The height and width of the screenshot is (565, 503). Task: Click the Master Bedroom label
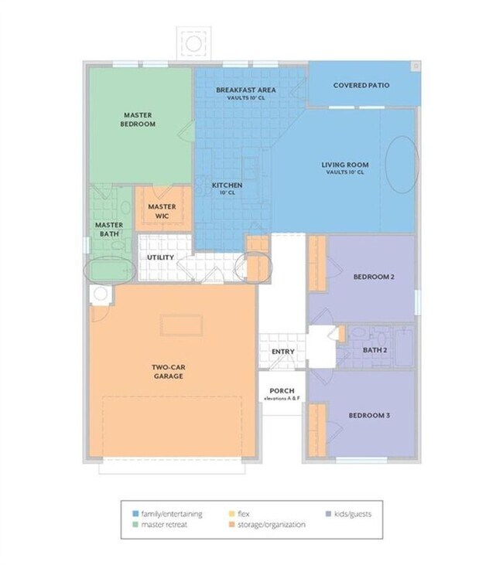click(139, 119)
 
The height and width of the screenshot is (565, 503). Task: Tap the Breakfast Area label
click(246, 90)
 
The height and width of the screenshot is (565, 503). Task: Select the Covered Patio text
click(361, 85)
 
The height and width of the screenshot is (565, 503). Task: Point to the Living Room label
click(344, 165)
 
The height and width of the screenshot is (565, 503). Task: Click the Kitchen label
click(228, 185)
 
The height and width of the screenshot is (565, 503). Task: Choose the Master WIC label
click(162, 211)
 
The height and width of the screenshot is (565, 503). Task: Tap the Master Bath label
click(109, 229)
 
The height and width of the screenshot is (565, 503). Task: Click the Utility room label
click(160, 257)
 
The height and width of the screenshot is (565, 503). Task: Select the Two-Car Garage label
click(167, 371)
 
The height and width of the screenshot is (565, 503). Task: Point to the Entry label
click(282, 352)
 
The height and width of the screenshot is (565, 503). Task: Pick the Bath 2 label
click(375, 349)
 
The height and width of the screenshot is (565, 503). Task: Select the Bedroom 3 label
click(368, 416)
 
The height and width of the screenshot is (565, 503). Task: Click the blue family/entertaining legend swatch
click(136, 512)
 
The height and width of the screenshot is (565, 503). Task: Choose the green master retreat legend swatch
click(136, 525)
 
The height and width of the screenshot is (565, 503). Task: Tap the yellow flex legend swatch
click(233, 512)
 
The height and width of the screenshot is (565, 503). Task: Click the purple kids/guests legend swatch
click(330, 512)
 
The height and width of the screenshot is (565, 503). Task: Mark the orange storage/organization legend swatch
click(233, 525)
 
